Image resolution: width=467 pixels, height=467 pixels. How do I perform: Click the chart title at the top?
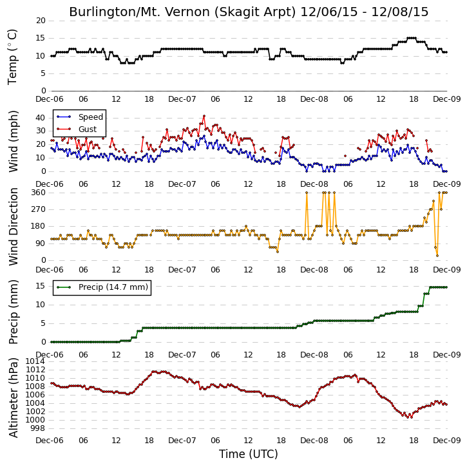click(x=249, y=12)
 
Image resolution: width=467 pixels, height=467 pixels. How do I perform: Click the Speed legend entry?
click(x=80, y=117)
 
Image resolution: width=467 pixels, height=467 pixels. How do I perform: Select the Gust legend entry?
click(x=77, y=129)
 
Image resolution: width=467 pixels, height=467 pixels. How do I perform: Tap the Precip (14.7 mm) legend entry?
click(x=102, y=287)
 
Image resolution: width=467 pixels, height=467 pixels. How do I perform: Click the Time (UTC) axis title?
click(x=249, y=454)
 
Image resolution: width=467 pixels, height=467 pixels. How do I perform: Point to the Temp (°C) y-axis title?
click(x=12, y=57)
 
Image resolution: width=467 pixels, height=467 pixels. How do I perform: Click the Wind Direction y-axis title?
click(x=13, y=226)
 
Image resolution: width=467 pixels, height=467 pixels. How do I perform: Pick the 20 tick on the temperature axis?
click(x=41, y=21)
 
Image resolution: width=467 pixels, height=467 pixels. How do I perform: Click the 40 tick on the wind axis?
click(x=41, y=118)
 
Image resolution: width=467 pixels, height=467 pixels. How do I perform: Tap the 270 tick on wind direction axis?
click(x=39, y=209)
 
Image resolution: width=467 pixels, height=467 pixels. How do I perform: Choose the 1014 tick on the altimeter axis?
click(x=35, y=361)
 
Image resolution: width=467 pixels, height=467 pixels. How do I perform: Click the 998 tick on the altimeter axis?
click(x=39, y=428)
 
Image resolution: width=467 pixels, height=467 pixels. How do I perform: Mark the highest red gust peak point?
click(x=204, y=116)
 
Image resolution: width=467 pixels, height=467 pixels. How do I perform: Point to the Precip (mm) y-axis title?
click(x=13, y=312)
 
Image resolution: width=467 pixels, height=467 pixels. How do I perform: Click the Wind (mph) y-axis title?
click(x=13, y=142)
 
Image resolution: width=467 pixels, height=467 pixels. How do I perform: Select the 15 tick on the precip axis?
click(x=41, y=286)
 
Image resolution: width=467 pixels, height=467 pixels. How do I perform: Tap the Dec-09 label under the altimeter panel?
click(x=447, y=440)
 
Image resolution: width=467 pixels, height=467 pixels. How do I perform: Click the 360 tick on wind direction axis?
click(x=39, y=193)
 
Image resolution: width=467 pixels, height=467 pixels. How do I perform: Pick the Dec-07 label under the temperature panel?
click(x=182, y=99)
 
